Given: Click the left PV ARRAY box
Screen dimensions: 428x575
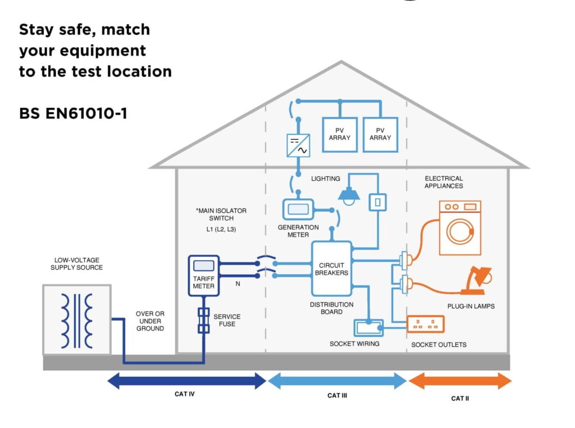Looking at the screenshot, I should (339, 135).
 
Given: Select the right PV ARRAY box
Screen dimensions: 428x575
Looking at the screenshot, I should (380, 135).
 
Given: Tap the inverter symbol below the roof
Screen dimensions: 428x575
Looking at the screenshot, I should (298, 146).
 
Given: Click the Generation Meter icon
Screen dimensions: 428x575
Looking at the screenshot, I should (298, 210).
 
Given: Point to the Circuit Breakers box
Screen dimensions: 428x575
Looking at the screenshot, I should (332, 269).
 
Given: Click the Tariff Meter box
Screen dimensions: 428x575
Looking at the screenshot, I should (203, 275).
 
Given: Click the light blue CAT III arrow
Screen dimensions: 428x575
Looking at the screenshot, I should (337, 381).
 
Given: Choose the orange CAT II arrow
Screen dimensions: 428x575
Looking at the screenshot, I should (460, 381).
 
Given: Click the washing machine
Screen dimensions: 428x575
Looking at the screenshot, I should (460, 228).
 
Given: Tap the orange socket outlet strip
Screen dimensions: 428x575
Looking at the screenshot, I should (426, 325).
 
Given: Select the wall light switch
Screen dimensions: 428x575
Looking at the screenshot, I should (378, 202).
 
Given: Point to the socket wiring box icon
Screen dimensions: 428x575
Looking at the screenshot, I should (368, 327).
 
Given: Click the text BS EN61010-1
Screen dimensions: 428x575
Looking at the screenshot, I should (73, 113).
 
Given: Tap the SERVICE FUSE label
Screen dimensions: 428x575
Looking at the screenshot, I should (226, 321).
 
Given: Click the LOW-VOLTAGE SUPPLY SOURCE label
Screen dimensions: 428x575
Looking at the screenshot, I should (76, 263).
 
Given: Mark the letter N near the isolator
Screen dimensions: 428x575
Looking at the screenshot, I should (238, 284).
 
